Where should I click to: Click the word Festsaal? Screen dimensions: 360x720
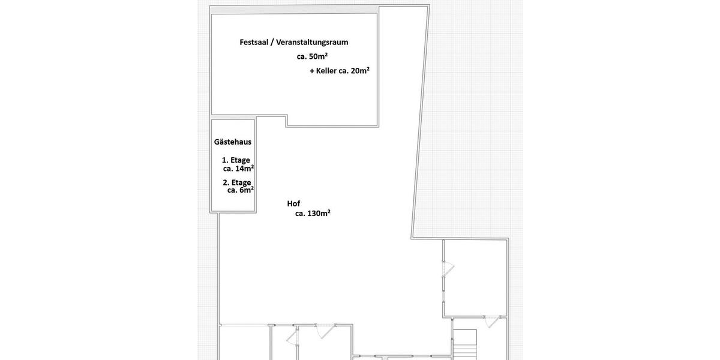click(x=254, y=42)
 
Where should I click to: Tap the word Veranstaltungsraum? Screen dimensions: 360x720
click(x=312, y=42)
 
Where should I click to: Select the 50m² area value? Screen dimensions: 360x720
click(x=318, y=56)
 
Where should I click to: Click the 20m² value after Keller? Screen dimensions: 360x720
click(x=360, y=70)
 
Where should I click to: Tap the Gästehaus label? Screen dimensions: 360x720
click(x=233, y=142)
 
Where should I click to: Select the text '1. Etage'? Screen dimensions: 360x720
click(x=236, y=160)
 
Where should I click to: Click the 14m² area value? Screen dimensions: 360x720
click(x=244, y=169)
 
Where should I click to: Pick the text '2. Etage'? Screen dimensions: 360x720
click(x=237, y=182)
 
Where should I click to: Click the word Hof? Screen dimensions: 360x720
click(x=293, y=204)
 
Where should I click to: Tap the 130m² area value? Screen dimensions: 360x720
click(x=319, y=213)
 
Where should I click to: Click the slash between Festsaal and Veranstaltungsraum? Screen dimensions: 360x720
click(x=272, y=42)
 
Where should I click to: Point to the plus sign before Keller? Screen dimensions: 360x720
click(x=312, y=71)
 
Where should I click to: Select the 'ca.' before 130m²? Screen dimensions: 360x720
click(x=300, y=213)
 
